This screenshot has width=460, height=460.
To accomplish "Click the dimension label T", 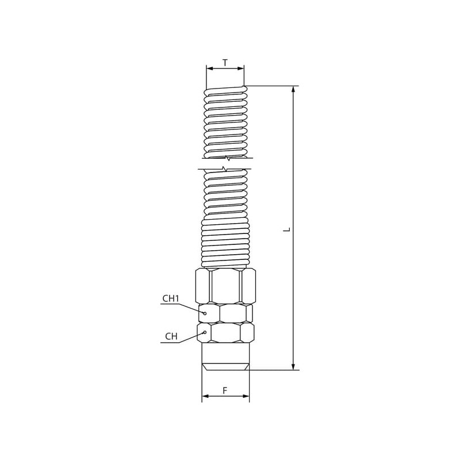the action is tap(225, 63).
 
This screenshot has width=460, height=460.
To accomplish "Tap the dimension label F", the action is tap(225, 390).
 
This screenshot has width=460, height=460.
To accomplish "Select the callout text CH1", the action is tap(171, 298).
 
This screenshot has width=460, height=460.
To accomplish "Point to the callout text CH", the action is tap(171, 336).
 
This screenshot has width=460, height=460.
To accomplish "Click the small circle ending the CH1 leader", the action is tap(205, 313).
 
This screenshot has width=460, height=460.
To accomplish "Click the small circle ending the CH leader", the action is tap(205, 332).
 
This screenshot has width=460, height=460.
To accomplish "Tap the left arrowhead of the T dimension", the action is tap(210, 68).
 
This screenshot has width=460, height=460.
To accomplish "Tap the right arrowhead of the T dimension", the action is tap(240, 68).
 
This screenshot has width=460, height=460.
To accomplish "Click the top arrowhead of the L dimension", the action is tap(293, 89).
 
